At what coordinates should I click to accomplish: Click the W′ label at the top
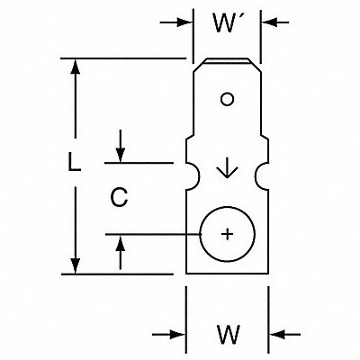click(223, 22)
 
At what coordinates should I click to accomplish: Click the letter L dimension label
click(74, 162)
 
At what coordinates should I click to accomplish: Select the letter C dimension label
click(119, 197)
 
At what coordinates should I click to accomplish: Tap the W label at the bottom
click(229, 335)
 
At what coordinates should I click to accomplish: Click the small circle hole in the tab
click(227, 99)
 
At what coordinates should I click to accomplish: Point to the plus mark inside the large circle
click(228, 234)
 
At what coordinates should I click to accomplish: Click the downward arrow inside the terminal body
click(227, 167)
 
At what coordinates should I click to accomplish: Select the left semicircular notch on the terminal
click(194, 176)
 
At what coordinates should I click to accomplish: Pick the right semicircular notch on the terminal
click(261, 176)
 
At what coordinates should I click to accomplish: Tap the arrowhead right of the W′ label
click(269, 22)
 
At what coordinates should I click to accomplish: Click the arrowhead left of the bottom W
click(177, 334)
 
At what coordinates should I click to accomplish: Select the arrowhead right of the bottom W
click(277, 334)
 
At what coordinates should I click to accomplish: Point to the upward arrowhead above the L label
click(76, 67)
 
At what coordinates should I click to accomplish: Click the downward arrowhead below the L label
click(76, 265)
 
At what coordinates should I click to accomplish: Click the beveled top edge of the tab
click(227, 61)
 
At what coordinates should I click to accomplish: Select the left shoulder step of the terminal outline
click(190, 139)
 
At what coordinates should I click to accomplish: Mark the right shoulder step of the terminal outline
click(265, 139)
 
